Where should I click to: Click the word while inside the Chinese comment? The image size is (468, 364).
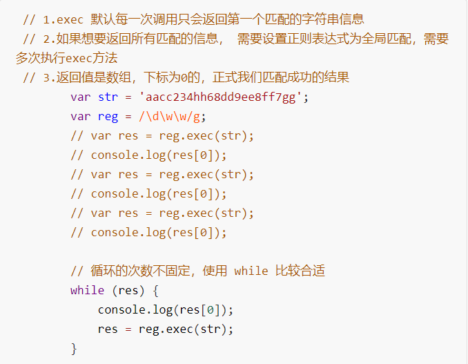click(251, 271)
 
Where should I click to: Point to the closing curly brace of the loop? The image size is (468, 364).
click(74, 348)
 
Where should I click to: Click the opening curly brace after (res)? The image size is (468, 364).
click(156, 290)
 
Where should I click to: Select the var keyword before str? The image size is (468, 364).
click(81, 97)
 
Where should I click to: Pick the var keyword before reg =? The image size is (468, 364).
click(81, 116)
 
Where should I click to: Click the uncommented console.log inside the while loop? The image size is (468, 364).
click(136, 309)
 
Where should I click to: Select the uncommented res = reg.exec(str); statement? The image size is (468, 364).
click(166, 329)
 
